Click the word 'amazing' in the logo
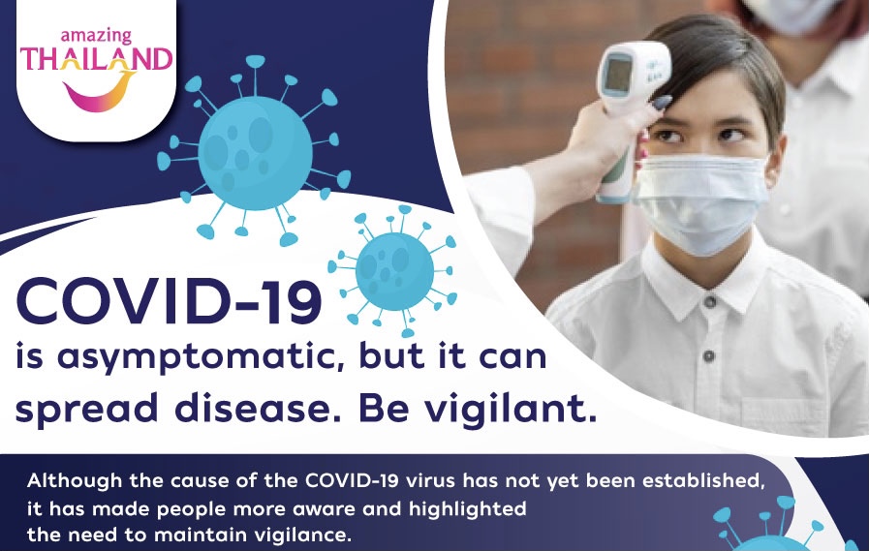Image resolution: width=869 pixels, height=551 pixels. point(96,37)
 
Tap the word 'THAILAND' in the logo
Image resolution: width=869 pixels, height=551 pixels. point(97,59)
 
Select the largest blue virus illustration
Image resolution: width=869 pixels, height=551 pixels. point(255,151)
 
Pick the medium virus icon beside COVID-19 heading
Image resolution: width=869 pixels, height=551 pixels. point(393,271)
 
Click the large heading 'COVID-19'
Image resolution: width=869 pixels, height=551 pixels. point(169,301)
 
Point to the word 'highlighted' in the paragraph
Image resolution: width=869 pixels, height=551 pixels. point(468,509)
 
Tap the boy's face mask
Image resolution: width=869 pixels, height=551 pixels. point(701,203)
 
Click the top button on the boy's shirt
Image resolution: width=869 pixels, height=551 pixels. point(710,302)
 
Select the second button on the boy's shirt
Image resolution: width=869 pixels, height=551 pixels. point(709,355)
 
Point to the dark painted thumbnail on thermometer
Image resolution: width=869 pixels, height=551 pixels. point(662,103)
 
